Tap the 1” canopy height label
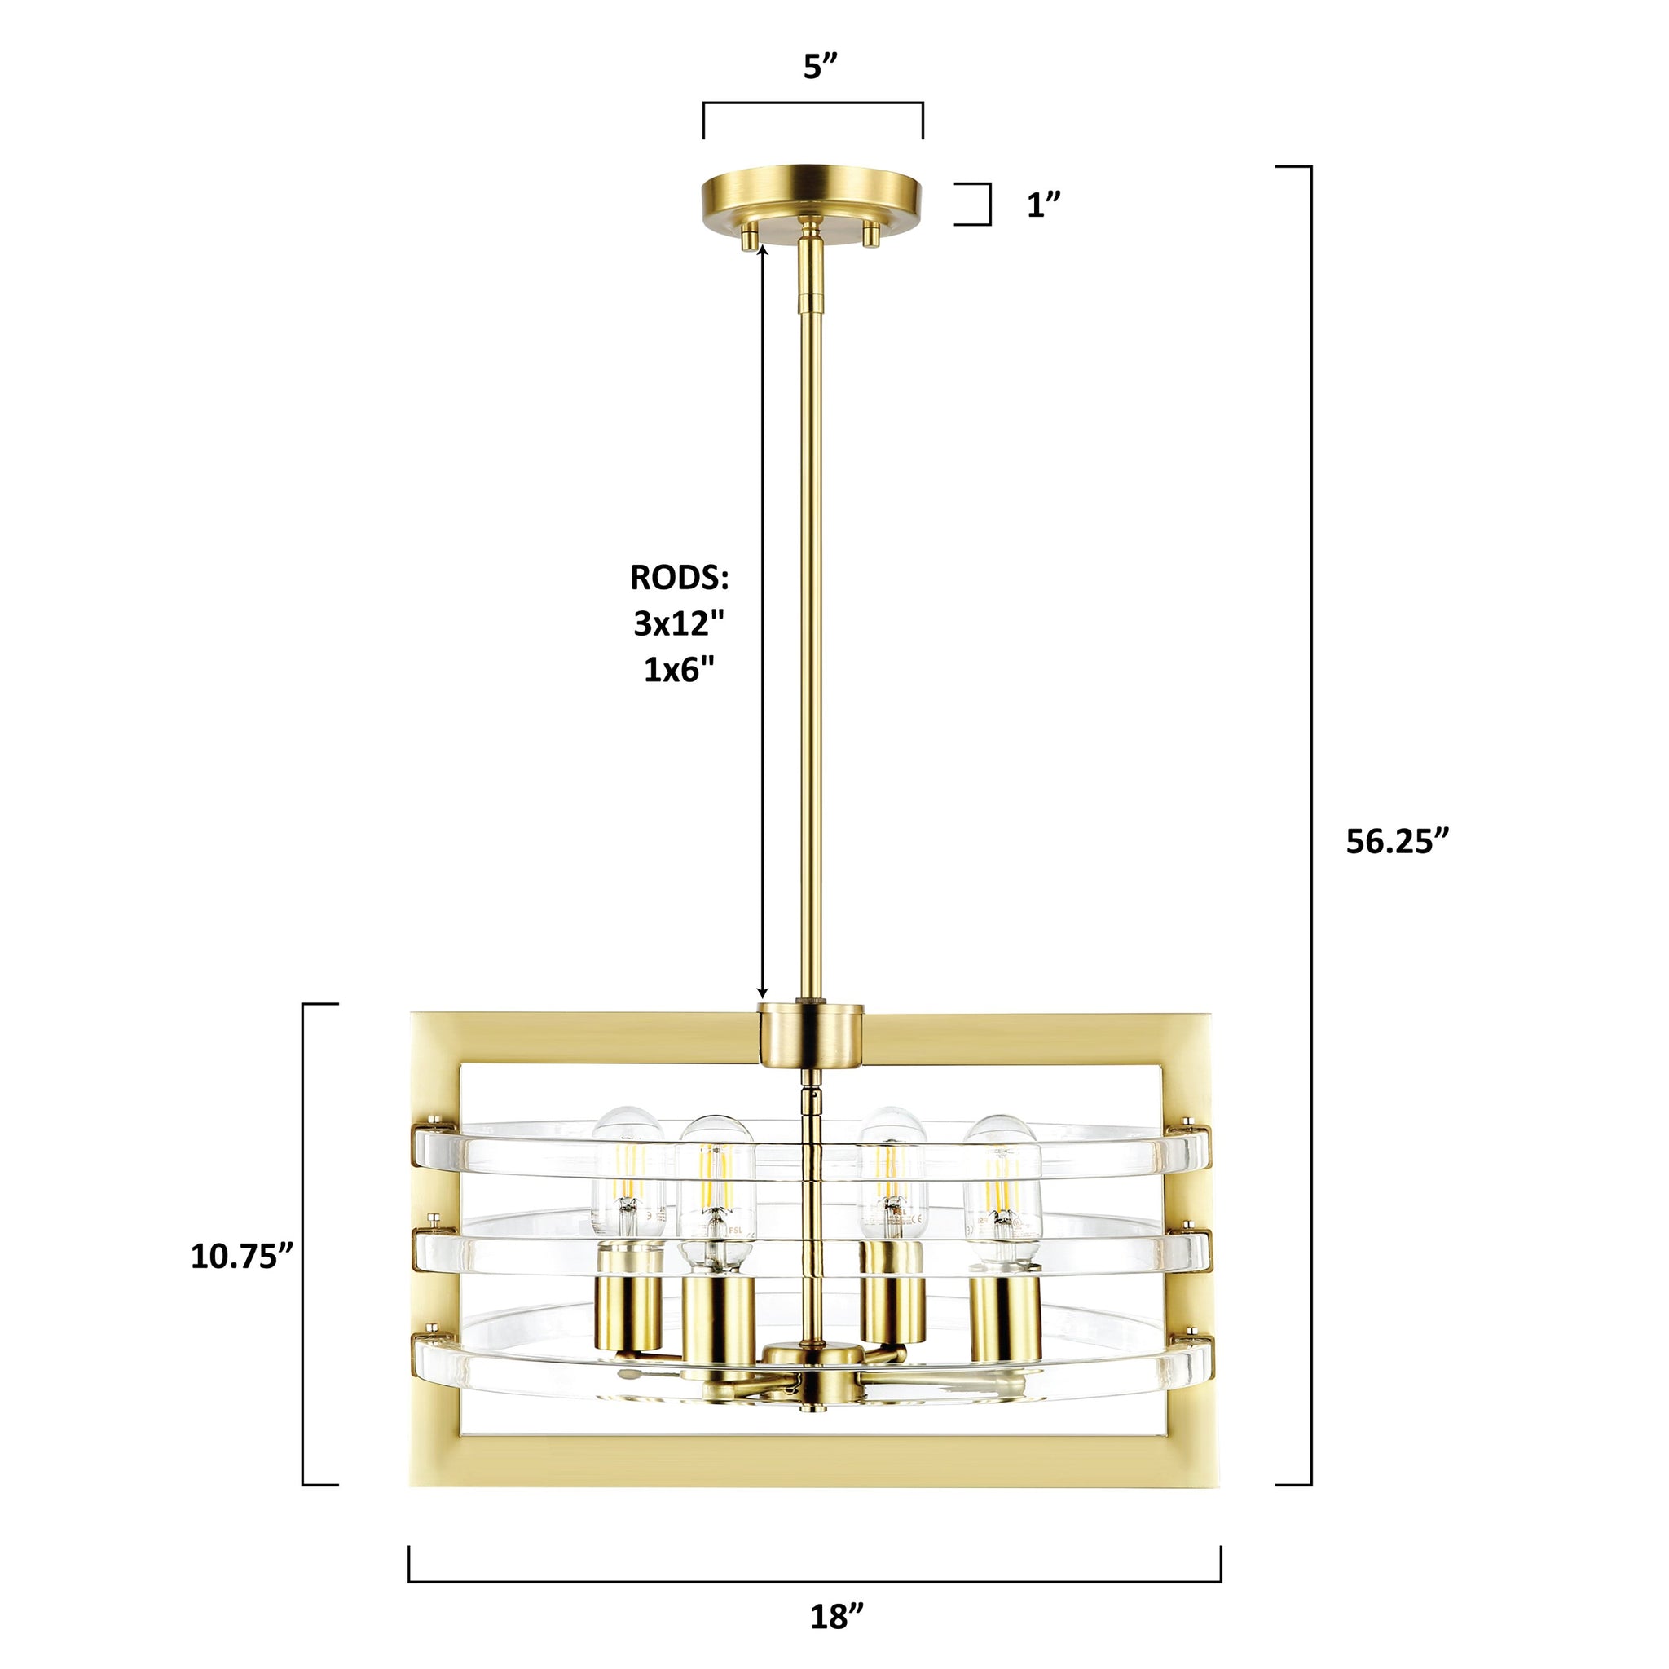(x=1041, y=204)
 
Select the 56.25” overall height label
(x=1397, y=840)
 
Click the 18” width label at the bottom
(x=837, y=1615)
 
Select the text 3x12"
(x=678, y=623)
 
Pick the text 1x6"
(x=680, y=670)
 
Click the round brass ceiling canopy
(x=812, y=197)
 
